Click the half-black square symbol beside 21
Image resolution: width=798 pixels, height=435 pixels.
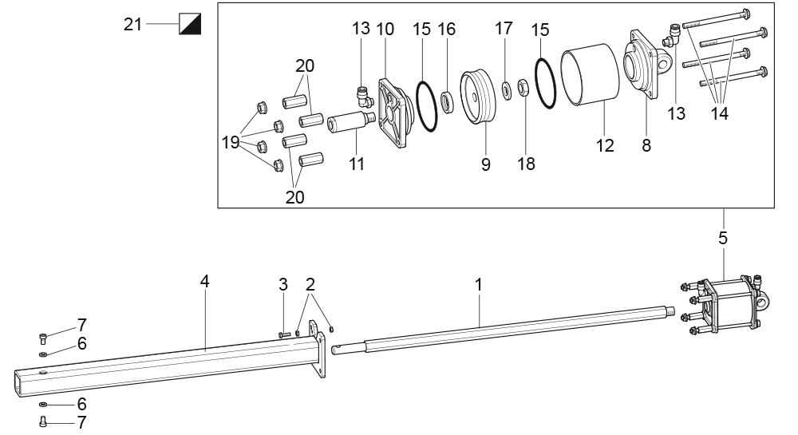[x=191, y=24]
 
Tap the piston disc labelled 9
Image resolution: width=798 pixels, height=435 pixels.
[x=478, y=97]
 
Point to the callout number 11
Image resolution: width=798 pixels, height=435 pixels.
[x=357, y=164]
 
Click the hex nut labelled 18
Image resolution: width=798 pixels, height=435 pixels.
[x=523, y=87]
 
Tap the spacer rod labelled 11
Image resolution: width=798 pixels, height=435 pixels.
[x=350, y=123]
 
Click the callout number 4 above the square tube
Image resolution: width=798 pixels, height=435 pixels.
[x=204, y=281]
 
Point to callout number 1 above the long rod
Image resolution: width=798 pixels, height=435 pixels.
[x=478, y=285]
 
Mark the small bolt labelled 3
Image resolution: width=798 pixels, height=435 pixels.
[x=285, y=334]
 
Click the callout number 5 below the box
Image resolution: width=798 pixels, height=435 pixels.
[x=723, y=238]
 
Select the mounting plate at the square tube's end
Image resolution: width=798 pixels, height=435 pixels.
[x=317, y=349]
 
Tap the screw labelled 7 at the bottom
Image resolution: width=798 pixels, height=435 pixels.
[x=42, y=421]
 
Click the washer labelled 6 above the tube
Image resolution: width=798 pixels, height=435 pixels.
[x=43, y=354]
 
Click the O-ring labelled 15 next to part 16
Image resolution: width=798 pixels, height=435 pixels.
[x=426, y=105]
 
